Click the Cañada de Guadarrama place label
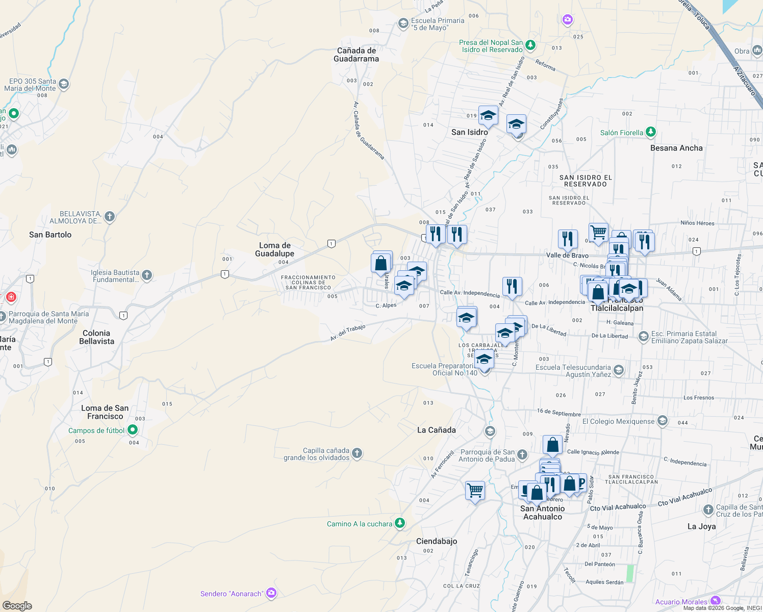pos(357,55)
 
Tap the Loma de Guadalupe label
pos(274,249)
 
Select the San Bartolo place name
pos(50,235)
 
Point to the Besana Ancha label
pos(676,148)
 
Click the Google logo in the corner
pos(17,606)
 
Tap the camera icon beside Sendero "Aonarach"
pos(271,593)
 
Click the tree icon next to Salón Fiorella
pos(650,132)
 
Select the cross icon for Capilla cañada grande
pos(357,453)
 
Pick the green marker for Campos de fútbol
pos(133,430)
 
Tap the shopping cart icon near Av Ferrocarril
pos(475,491)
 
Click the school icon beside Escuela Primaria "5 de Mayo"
pos(403,23)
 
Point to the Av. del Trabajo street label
pos(347,333)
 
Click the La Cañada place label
pos(437,430)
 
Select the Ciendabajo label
pos(437,541)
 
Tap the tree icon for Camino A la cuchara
pos(400,523)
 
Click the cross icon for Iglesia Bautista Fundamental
pos(147,275)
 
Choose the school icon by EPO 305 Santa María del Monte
pos(64,84)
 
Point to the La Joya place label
pos(701,526)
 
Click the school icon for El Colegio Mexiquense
pos(662,421)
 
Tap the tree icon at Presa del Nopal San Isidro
pos(530,45)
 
